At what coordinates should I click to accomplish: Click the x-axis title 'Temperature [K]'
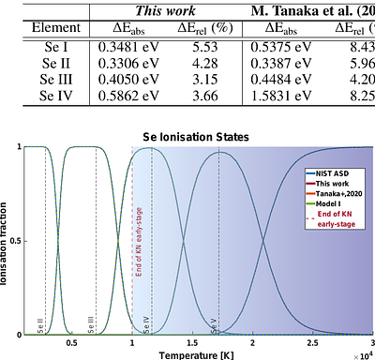click(x=197, y=354)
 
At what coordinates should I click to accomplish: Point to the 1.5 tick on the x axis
click(x=192, y=343)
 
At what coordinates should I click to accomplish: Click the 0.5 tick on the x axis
click(x=71, y=343)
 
